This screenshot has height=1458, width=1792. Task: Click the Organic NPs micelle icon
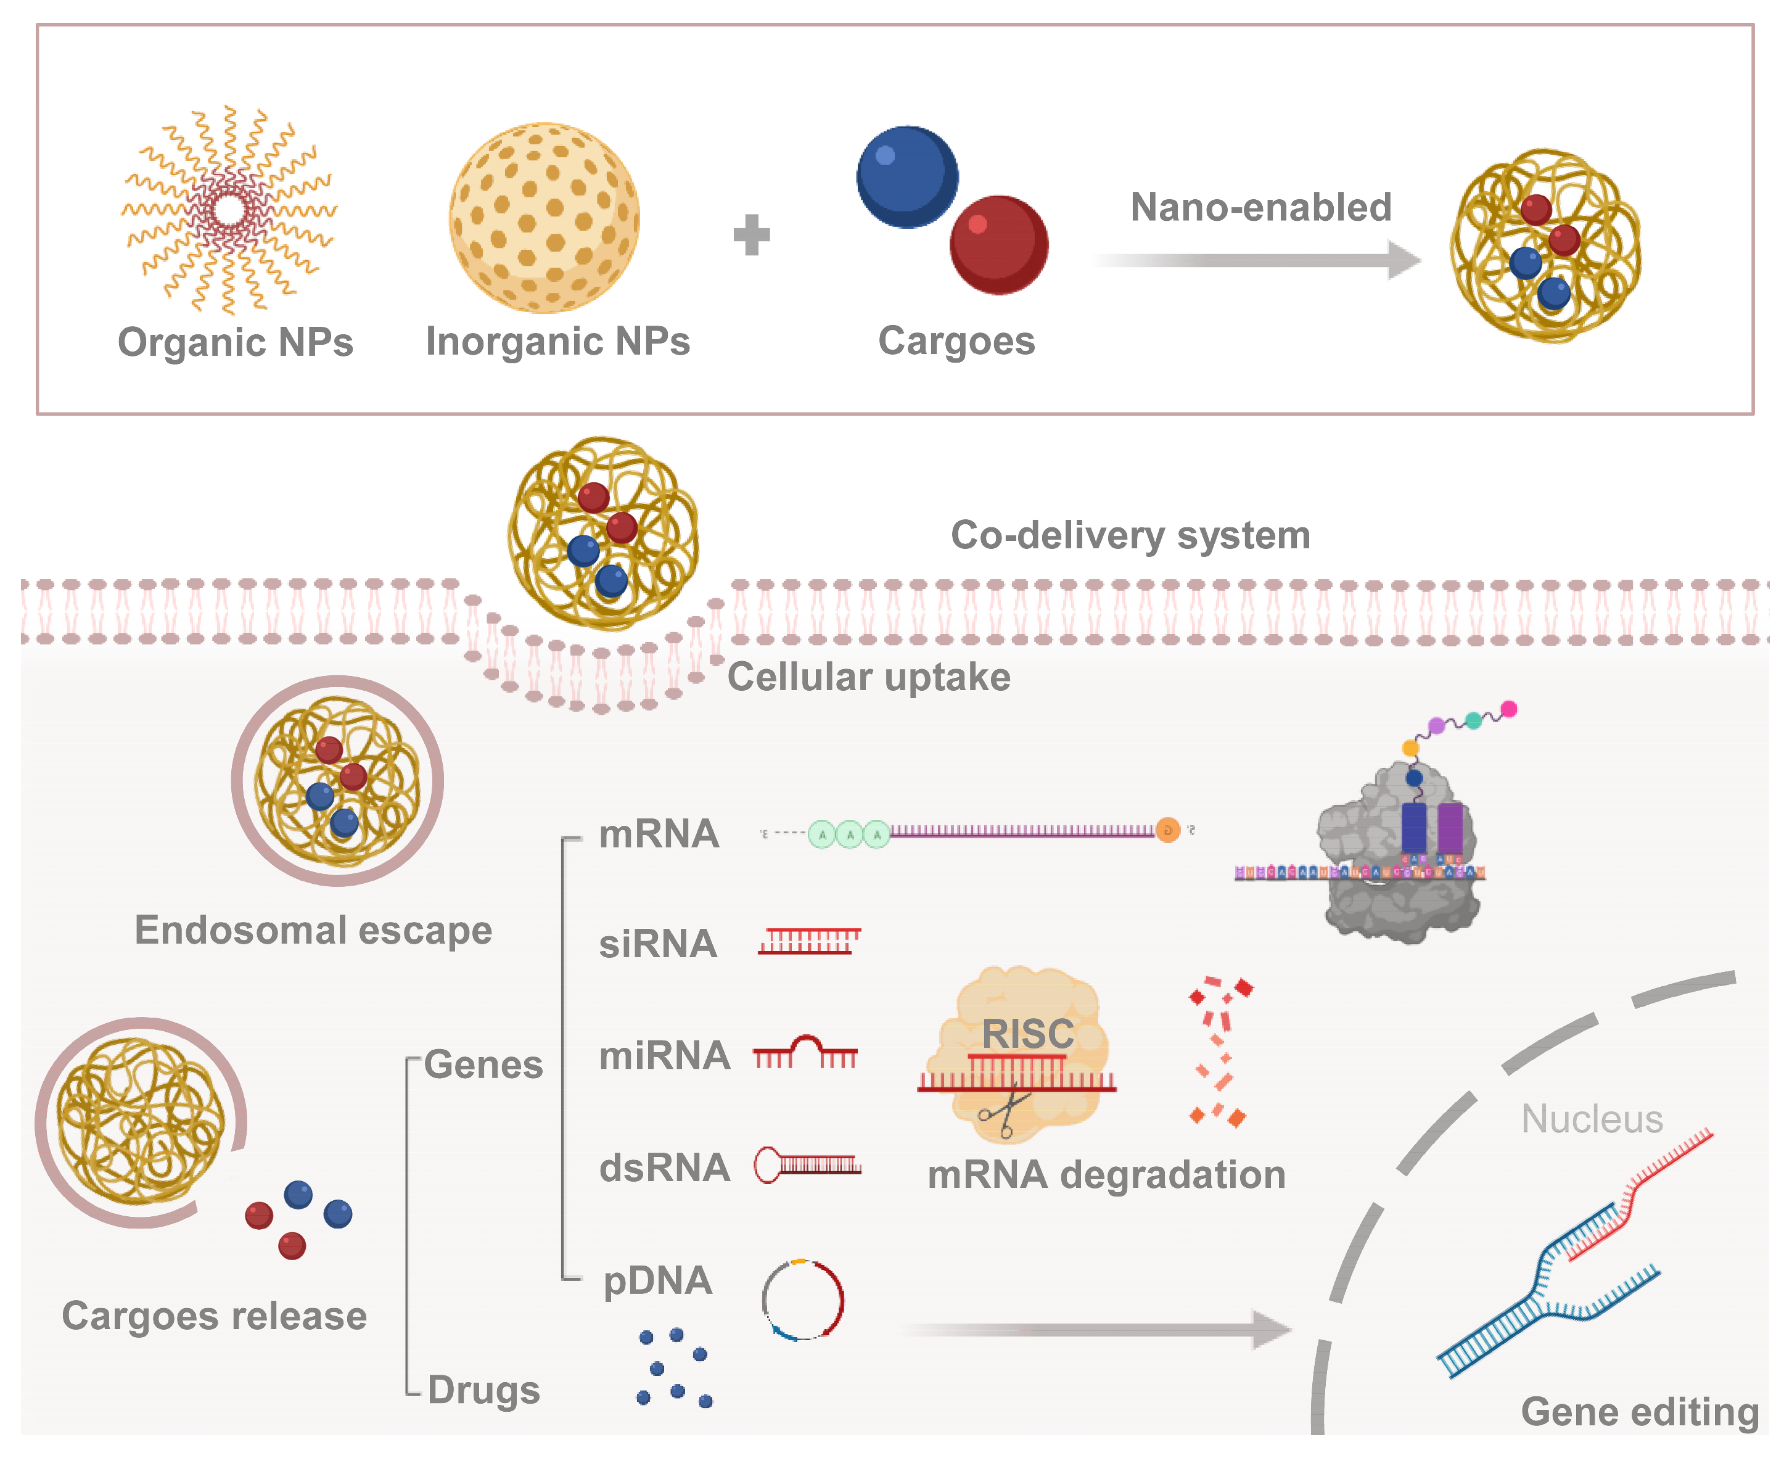pos(228,210)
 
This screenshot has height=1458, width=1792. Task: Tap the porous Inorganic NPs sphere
pos(544,218)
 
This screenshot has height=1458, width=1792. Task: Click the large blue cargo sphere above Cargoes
pos(907,176)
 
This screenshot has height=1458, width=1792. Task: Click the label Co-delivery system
pos(1130,535)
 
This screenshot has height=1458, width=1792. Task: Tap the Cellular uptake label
pos(868,677)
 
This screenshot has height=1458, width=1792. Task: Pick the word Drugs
pos(483,1390)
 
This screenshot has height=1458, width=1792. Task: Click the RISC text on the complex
pos(1028,1033)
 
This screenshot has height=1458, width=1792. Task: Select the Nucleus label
pos(1592,1119)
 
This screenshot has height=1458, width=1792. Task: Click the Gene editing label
pos(1639,1411)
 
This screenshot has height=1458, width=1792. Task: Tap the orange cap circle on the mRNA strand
pos(1167,831)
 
